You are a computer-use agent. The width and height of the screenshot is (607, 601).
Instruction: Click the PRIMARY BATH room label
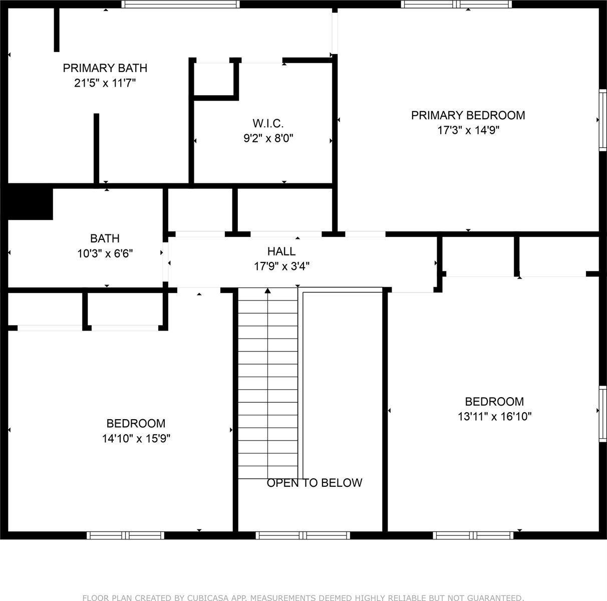pos(105,68)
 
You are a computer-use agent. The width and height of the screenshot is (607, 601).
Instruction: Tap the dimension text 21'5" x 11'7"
pos(105,83)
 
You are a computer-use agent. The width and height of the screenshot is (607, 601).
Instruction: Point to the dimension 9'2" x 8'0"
pos(268,138)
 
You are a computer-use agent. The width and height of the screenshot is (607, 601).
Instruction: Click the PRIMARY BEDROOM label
pos(468,115)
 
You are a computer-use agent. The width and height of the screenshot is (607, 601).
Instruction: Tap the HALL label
pos(281,251)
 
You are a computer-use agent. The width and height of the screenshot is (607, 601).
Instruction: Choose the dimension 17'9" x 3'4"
pos(281,266)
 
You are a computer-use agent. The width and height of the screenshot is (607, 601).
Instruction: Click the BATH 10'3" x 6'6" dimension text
pos(105,254)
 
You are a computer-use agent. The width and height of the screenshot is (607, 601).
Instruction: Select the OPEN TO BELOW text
pos(314,483)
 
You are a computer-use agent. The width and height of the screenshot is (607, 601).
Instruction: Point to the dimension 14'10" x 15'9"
pos(136,439)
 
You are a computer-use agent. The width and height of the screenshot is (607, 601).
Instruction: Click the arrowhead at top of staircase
pos(267,290)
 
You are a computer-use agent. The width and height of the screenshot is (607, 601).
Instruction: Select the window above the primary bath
pos(181,5)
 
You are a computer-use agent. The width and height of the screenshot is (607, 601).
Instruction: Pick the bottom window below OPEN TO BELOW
pos(302,535)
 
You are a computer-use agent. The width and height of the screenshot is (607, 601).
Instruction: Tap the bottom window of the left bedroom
pos(125,535)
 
